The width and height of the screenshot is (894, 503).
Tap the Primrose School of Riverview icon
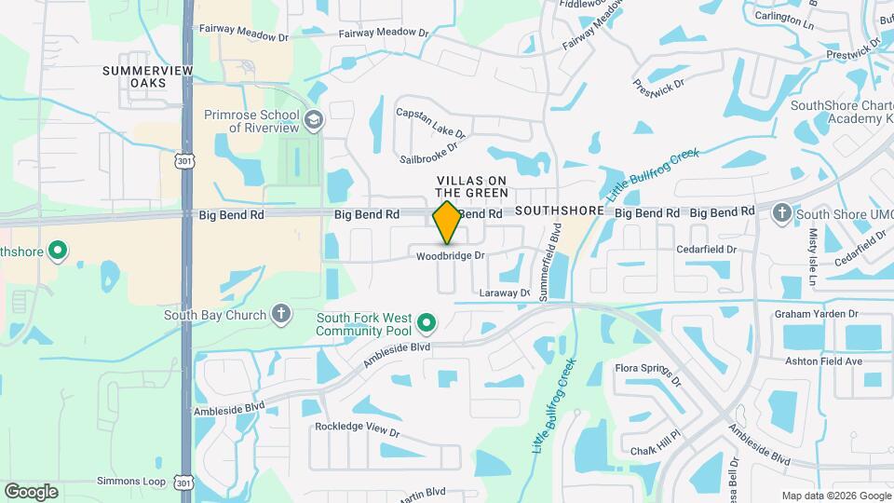[x=314, y=119]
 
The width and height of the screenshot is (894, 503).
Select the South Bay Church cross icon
[x=280, y=314]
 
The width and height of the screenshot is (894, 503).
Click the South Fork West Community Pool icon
[x=427, y=323]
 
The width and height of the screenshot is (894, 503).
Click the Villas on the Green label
[x=473, y=186]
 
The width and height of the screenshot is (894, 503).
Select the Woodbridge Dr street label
[x=451, y=255]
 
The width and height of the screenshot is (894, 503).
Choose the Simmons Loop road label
[x=131, y=482]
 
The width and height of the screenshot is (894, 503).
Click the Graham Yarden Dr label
[x=815, y=315]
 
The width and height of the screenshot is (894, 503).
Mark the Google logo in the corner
[x=31, y=491]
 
